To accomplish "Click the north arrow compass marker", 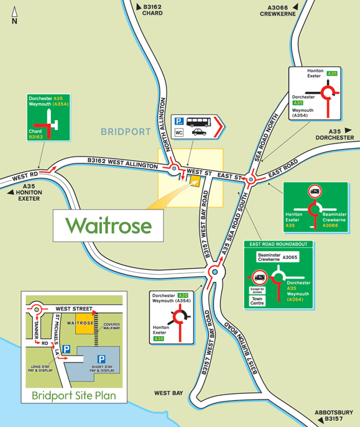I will [14, 14].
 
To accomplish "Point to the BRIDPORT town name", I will [126, 132].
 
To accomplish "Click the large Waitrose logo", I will [109, 226].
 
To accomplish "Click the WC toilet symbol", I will [179, 132].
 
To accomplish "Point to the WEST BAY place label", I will [168, 393].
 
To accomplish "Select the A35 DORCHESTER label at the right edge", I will [334, 134].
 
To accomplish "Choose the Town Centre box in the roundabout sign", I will [257, 301].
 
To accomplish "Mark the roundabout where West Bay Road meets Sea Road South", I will [214, 272].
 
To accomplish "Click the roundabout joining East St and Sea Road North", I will [250, 180].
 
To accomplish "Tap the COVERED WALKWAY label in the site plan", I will [111, 326].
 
